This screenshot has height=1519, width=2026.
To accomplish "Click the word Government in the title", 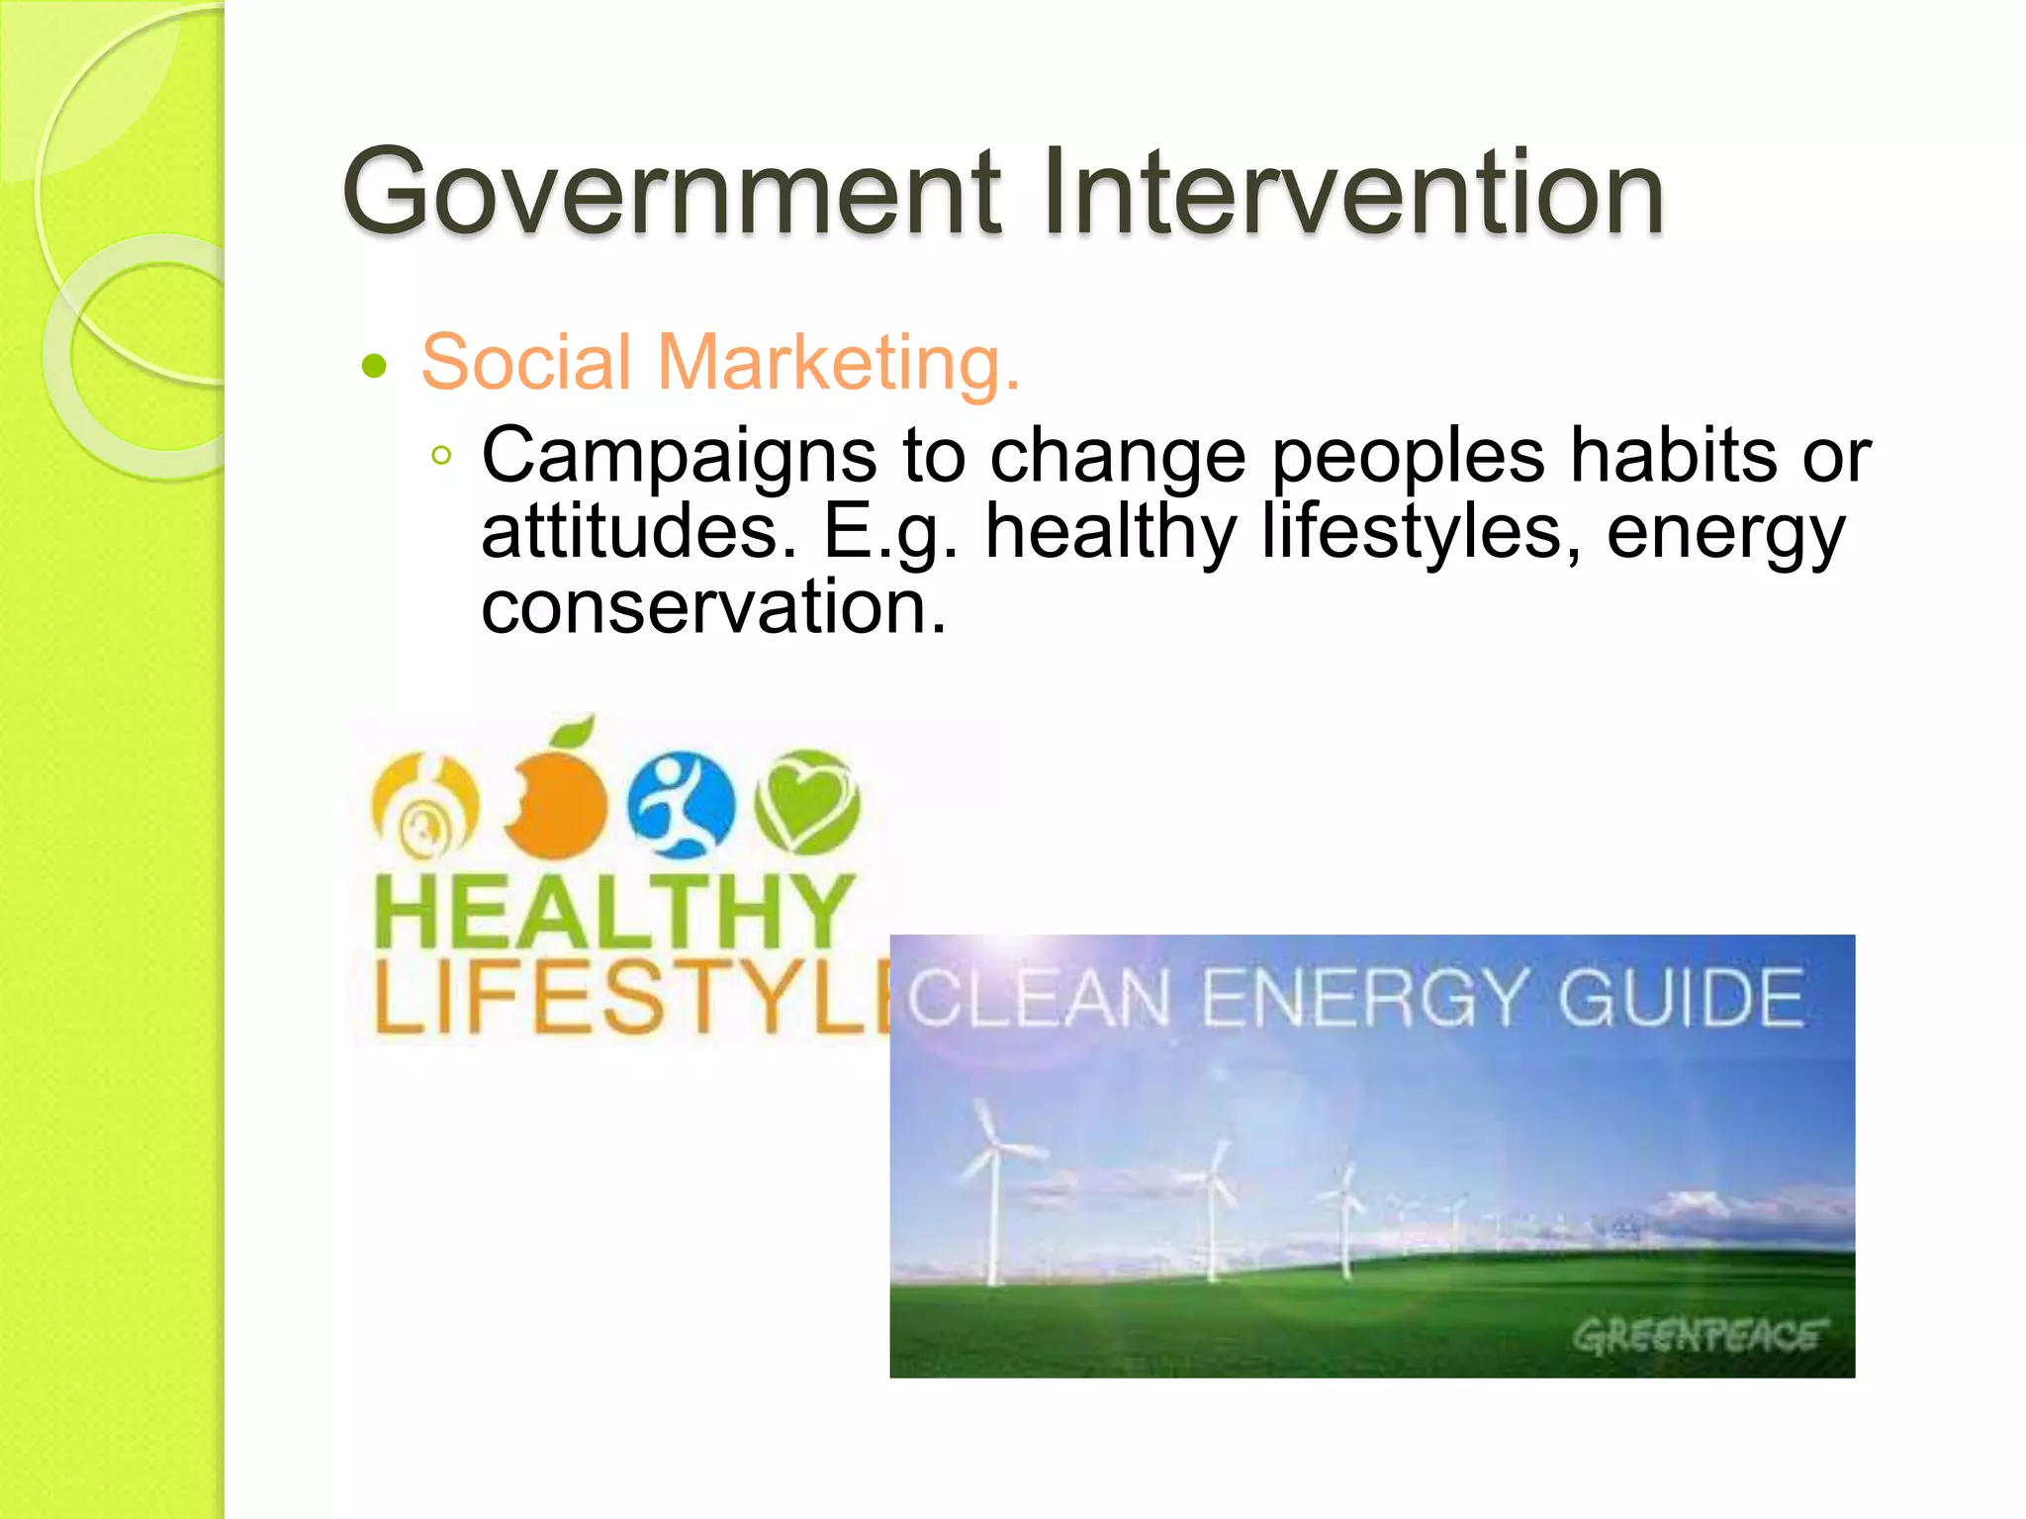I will click(x=672, y=192).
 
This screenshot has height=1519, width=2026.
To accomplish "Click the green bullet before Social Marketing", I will click(x=374, y=367).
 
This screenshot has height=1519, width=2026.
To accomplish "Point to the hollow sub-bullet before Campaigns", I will click(x=441, y=456).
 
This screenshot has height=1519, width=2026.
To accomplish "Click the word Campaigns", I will click(x=679, y=457).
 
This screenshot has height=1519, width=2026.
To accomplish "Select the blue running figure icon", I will click(x=682, y=803).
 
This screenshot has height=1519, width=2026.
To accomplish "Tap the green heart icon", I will click(x=807, y=801).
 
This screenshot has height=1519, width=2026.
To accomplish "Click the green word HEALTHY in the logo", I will click(x=613, y=911).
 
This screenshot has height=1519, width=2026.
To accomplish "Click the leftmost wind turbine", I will click(x=993, y=1187).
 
